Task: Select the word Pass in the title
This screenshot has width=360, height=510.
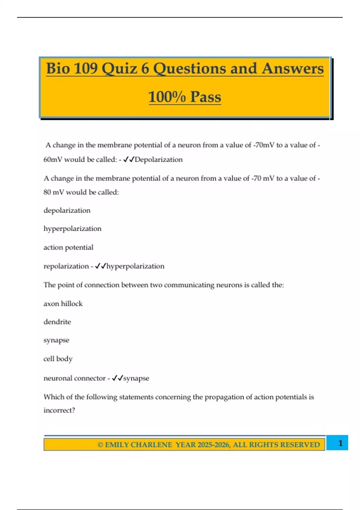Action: (x=205, y=97)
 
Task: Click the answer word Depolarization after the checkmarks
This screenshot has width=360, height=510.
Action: (x=158, y=160)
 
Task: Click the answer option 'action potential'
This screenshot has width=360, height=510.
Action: (x=68, y=247)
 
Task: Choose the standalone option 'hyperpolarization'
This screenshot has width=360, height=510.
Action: (x=72, y=229)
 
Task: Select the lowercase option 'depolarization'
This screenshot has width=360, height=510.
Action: (x=67, y=210)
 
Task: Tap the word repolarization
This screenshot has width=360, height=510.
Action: (x=66, y=266)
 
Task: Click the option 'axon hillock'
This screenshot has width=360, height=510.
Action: (x=63, y=304)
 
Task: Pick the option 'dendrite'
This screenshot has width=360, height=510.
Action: (x=57, y=322)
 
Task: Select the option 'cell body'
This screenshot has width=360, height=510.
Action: (x=58, y=359)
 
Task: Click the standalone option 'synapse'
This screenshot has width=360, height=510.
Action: (x=56, y=340)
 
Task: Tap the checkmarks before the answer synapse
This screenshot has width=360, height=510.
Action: (x=117, y=378)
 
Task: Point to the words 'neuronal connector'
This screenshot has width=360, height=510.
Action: (x=74, y=378)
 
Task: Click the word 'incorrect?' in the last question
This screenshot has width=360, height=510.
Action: (x=59, y=410)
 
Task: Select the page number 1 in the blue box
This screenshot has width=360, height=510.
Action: (x=340, y=443)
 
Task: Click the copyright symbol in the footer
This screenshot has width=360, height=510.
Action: (x=100, y=445)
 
